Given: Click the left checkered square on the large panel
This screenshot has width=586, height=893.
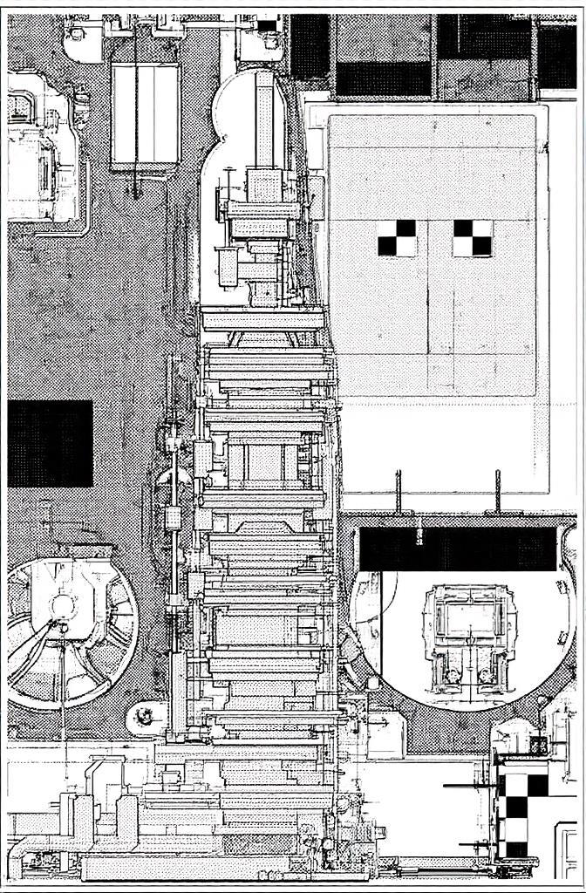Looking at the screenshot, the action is click(397, 237).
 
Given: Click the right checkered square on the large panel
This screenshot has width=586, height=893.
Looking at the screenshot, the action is click(472, 237).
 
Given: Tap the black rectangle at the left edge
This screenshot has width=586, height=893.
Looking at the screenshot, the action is click(50, 443).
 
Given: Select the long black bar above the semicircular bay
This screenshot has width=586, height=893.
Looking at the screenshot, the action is click(458, 549).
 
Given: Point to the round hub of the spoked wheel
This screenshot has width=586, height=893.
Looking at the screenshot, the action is click(63, 604).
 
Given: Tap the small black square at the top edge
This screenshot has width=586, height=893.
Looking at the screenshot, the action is click(267, 24).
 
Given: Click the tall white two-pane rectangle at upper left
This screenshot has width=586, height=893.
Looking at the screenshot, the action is click(145, 113).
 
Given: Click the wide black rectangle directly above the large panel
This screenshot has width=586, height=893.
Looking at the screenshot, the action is click(383, 78).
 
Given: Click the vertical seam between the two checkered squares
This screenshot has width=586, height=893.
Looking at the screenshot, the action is click(428, 237).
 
